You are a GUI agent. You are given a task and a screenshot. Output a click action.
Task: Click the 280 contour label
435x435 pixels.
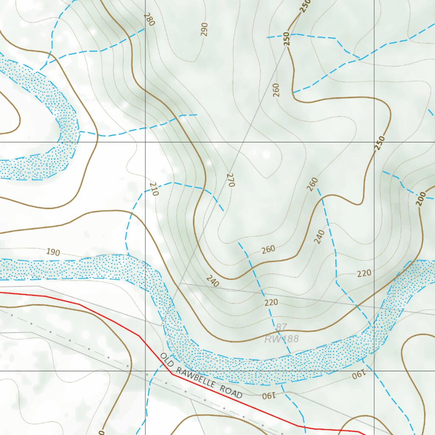[148, 19]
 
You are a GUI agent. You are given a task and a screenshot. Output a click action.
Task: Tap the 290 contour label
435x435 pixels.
[205, 29]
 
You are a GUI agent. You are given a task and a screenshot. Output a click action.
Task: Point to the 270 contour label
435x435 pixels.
[231, 180]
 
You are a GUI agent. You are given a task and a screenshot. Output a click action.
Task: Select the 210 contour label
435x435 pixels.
[154, 189]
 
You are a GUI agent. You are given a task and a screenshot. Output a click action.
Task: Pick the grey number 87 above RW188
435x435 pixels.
[281, 328]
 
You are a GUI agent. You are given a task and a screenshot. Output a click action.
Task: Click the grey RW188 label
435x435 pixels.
[282, 339]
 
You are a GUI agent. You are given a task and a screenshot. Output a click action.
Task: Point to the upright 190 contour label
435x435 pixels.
[53, 252]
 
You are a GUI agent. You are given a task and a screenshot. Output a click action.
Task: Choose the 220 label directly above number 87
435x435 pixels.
[271, 302]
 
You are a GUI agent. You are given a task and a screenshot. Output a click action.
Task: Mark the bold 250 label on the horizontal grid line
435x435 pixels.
[380, 143]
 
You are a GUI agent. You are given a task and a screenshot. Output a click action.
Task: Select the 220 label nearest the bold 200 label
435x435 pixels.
[364, 273]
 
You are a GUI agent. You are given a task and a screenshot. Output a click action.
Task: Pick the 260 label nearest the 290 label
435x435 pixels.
[276, 90]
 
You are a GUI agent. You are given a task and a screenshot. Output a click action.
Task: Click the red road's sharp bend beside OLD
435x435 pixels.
[172, 374]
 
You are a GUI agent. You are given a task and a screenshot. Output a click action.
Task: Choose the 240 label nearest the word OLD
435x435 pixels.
[212, 281]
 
